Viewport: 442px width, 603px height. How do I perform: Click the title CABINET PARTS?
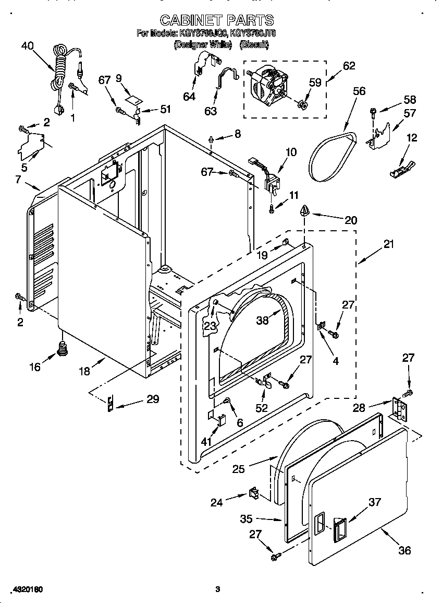217,20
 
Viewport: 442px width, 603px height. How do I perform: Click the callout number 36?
404,550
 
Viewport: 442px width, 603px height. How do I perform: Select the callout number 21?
389,244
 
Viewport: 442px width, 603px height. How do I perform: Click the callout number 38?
262,320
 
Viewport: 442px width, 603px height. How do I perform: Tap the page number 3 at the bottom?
218,589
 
